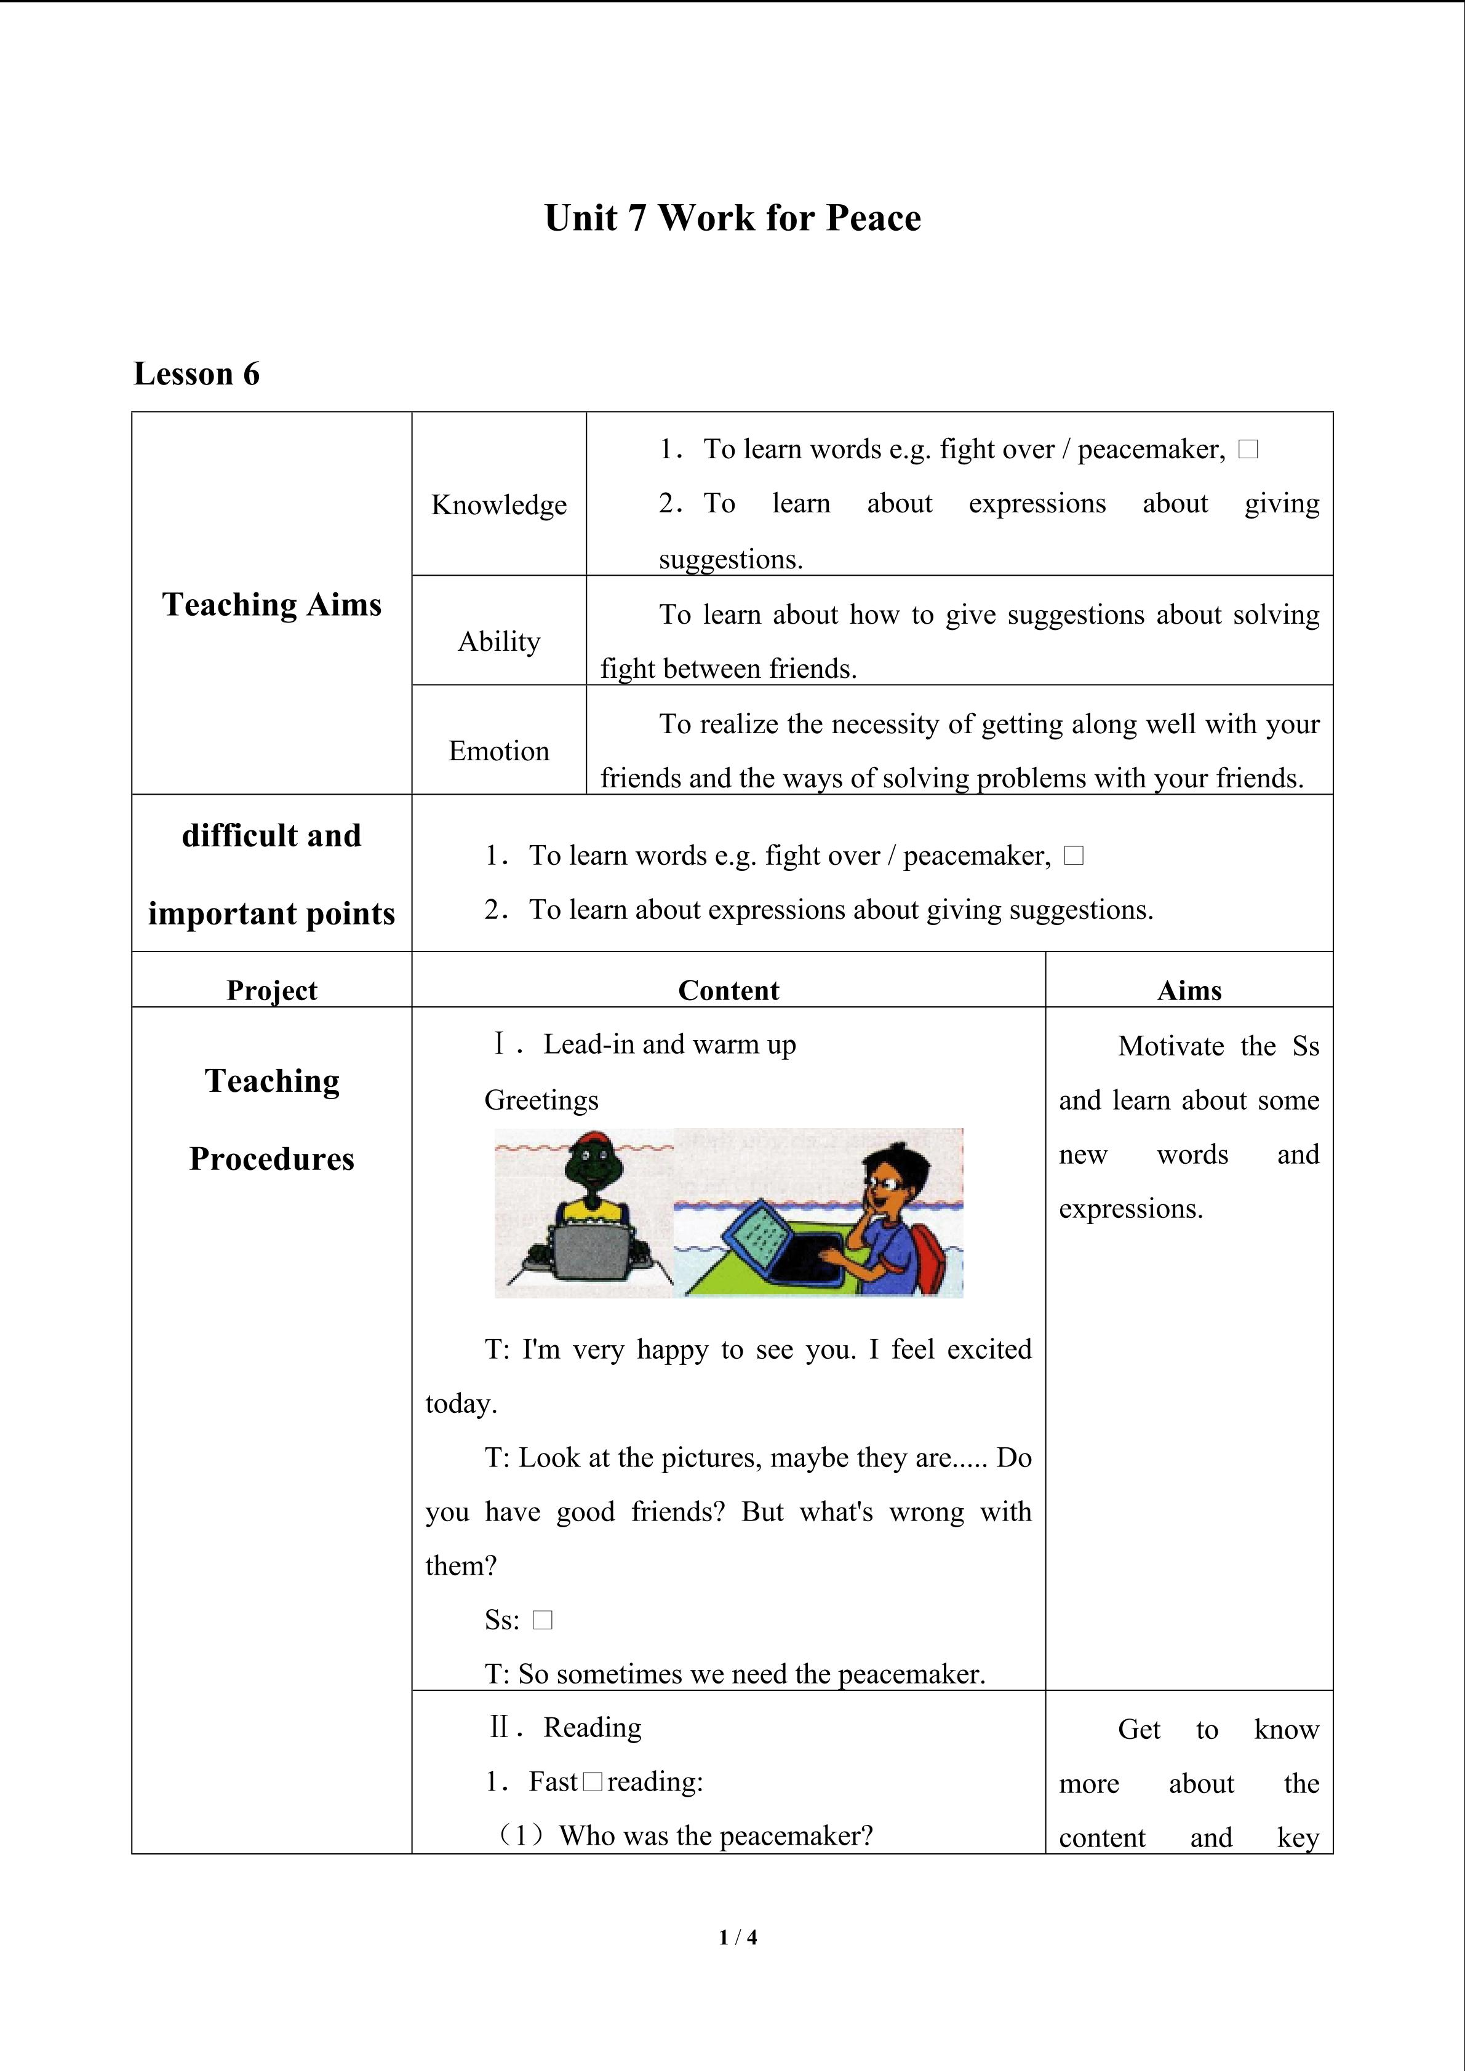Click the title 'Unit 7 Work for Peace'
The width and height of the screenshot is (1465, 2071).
(x=732, y=218)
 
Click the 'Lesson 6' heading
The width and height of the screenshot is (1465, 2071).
(x=197, y=373)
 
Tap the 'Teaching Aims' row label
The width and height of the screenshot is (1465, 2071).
(x=271, y=605)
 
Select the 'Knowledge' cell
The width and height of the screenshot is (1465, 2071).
(x=499, y=504)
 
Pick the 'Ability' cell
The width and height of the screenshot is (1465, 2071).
(x=499, y=642)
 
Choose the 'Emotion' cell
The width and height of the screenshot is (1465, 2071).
(x=499, y=750)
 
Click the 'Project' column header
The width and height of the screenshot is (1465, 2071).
(x=271, y=990)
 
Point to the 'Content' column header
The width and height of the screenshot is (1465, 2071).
(x=728, y=990)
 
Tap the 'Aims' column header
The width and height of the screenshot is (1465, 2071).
(x=1189, y=990)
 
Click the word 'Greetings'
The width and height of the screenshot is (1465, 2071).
(x=541, y=1100)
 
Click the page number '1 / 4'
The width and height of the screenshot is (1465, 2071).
(x=738, y=1936)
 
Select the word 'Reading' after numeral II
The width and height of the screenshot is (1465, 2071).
(x=593, y=1727)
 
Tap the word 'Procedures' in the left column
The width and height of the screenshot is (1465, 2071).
(x=271, y=1159)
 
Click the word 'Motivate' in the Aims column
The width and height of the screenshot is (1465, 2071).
(x=1171, y=1046)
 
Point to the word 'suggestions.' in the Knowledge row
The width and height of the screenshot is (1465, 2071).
(x=730, y=559)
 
